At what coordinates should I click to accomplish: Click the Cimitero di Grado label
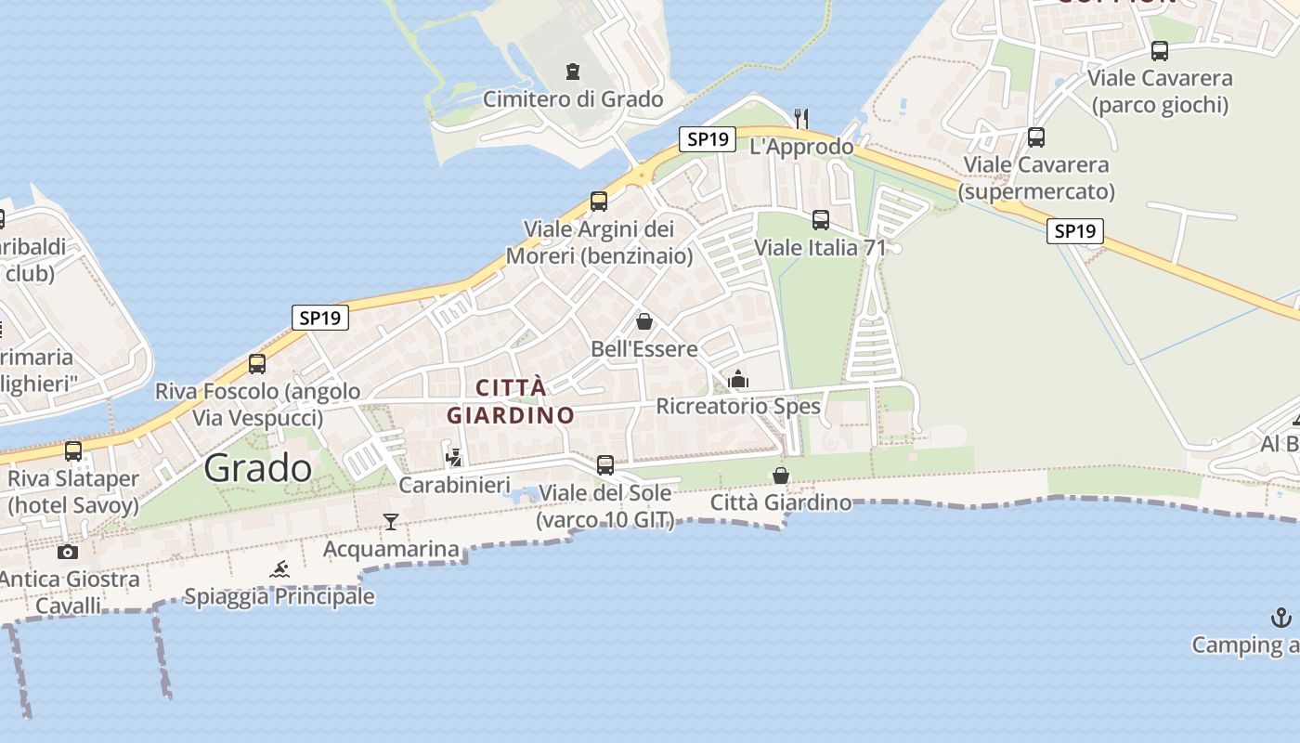[573, 99]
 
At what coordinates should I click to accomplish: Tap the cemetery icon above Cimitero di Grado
[573, 72]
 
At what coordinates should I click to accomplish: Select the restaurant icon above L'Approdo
[801, 118]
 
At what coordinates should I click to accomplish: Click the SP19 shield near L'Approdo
[708, 139]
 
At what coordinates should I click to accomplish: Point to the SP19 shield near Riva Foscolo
[320, 318]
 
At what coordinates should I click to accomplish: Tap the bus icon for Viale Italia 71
[821, 220]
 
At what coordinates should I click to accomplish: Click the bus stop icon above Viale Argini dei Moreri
[599, 201]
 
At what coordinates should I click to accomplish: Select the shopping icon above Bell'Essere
[644, 322]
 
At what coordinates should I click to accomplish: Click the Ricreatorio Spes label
[738, 406]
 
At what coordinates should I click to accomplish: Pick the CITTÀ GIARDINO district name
[511, 401]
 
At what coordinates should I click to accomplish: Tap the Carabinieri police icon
[454, 457]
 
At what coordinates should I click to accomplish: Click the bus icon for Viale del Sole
[605, 464]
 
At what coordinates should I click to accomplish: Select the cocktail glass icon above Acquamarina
[391, 522]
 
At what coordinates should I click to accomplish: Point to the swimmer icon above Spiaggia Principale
[279, 568]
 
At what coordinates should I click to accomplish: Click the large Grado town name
[258, 467]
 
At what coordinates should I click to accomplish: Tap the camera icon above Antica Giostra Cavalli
[68, 552]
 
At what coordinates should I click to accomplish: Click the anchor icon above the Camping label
[1280, 618]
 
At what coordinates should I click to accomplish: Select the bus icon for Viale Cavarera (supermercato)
[1036, 137]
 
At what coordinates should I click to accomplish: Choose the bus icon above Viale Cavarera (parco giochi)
[1160, 51]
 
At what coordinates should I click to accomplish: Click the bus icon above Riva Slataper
[73, 451]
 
